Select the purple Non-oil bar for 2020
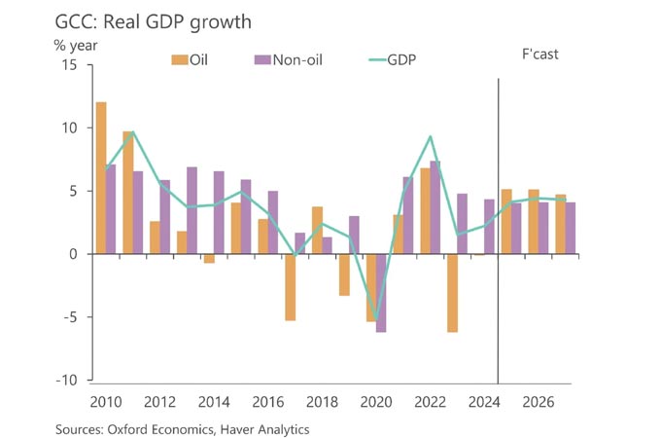click(381, 293)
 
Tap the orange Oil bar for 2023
click(452, 293)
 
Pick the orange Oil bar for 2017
click(290, 287)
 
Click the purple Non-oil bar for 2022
click(435, 207)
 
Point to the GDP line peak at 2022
click(430, 136)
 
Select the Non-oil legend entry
click(288, 60)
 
